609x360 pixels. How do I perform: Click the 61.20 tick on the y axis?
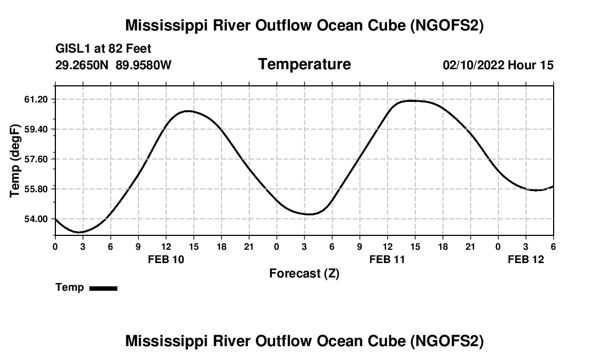click(x=37, y=100)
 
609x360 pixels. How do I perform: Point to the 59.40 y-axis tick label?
click(x=37, y=130)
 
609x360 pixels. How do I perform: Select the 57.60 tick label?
click(x=37, y=160)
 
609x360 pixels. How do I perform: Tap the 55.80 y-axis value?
click(x=37, y=189)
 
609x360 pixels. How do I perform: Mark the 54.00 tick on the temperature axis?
click(x=37, y=219)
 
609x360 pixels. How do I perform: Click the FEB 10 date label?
click(x=166, y=259)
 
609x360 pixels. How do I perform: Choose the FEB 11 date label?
click(x=388, y=259)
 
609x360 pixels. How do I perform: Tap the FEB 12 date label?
click(x=526, y=259)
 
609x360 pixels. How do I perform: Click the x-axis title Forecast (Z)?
click(x=304, y=274)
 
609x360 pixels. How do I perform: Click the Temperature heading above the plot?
click(x=304, y=64)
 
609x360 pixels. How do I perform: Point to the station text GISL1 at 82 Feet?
click(x=104, y=49)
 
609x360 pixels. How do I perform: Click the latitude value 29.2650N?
click(x=82, y=65)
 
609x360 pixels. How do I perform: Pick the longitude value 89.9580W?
click(x=143, y=65)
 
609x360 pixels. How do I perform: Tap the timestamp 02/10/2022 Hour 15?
click(x=498, y=65)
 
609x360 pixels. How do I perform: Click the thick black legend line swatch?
click(x=103, y=288)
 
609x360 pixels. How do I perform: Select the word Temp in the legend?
click(x=70, y=288)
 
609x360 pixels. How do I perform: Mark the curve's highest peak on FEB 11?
click(x=412, y=101)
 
